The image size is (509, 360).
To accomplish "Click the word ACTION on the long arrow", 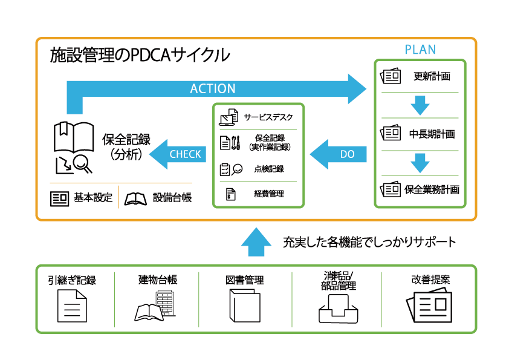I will tap(213, 88).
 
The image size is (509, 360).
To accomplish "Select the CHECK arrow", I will tap(178, 154).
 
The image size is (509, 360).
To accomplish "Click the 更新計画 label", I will tap(432, 77).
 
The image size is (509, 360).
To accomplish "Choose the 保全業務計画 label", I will tap(432, 189).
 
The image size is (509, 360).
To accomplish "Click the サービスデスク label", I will tap(268, 116).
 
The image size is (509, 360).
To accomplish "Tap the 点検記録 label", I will tap(269, 169).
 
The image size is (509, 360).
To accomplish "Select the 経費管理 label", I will tap(269, 194).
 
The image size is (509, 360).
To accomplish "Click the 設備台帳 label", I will tap(172, 198).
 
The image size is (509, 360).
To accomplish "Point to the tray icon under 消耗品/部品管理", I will tap(336, 308).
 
